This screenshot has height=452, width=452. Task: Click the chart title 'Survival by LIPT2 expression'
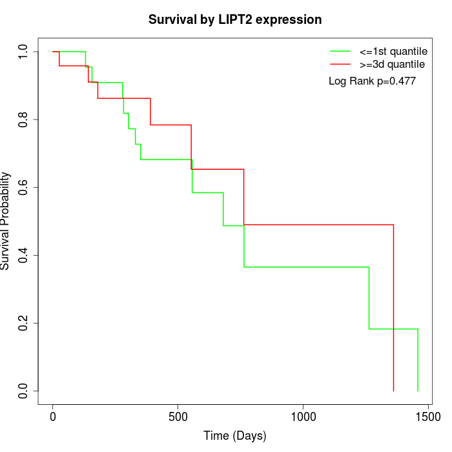pos(235,19)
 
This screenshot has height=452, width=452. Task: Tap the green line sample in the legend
pos(340,50)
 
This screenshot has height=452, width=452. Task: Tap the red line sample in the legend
pos(340,65)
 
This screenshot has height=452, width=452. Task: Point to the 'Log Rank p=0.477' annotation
pos(372,81)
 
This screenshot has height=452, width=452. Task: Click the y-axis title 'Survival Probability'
pos(6,221)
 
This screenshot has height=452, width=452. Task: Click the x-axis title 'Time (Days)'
pos(235,436)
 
